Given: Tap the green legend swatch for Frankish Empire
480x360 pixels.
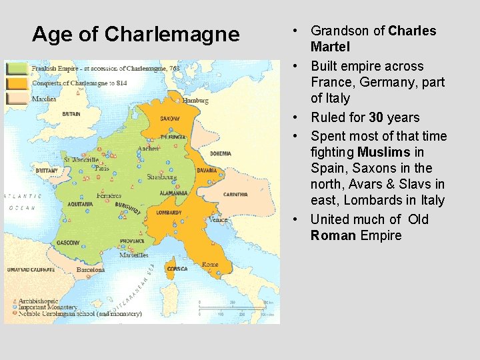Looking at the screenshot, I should [x=17, y=68].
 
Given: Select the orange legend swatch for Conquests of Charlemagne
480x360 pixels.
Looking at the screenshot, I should [x=17, y=83].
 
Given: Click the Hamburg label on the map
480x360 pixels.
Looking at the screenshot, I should [x=195, y=101].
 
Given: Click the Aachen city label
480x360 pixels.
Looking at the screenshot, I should [x=148, y=148].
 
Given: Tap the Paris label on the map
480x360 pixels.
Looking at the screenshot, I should [x=101, y=168].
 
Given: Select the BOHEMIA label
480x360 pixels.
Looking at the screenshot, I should [x=220, y=153].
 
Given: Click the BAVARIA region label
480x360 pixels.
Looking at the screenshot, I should [x=207, y=170].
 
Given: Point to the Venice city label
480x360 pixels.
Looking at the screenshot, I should [x=218, y=219].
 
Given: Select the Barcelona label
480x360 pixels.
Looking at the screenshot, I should [x=90, y=270].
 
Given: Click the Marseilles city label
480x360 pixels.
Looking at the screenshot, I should [x=134, y=255].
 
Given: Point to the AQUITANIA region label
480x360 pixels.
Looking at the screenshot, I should [x=80, y=204].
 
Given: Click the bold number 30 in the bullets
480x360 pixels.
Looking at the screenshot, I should [x=376, y=117].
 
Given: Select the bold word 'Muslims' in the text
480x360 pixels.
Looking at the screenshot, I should [x=383, y=152].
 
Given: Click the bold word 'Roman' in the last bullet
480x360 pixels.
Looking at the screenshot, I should [x=333, y=235].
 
